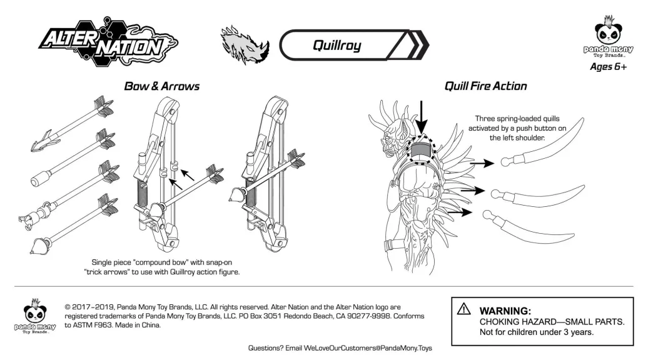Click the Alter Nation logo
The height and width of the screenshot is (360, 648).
pyautogui.click(x=99, y=42)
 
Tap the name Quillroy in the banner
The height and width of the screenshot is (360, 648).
pyautogui.click(x=337, y=45)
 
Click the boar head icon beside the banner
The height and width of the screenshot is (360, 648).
pyautogui.click(x=245, y=44)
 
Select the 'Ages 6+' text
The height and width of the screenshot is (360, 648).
pyautogui.click(x=607, y=67)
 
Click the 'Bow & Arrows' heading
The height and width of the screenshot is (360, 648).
pyautogui.click(x=161, y=86)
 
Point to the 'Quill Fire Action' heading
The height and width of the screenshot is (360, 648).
pyautogui.click(x=485, y=86)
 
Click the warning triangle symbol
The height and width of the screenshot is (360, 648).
pyautogui.click(x=463, y=308)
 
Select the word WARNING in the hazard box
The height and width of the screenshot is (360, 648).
pyautogui.click(x=505, y=311)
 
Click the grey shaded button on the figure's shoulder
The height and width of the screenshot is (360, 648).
pyautogui.click(x=421, y=150)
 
